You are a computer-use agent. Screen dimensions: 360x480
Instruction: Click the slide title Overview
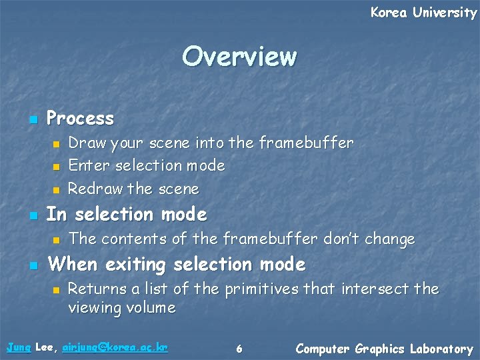point(239,56)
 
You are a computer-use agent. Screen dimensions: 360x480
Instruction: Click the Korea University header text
point(423,13)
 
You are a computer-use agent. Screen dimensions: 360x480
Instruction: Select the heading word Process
point(80,119)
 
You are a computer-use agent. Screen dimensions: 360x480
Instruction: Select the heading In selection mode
point(127,215)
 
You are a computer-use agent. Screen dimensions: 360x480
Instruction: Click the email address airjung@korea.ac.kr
point(115,348)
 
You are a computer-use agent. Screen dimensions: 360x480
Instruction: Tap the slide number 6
point(239,349)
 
